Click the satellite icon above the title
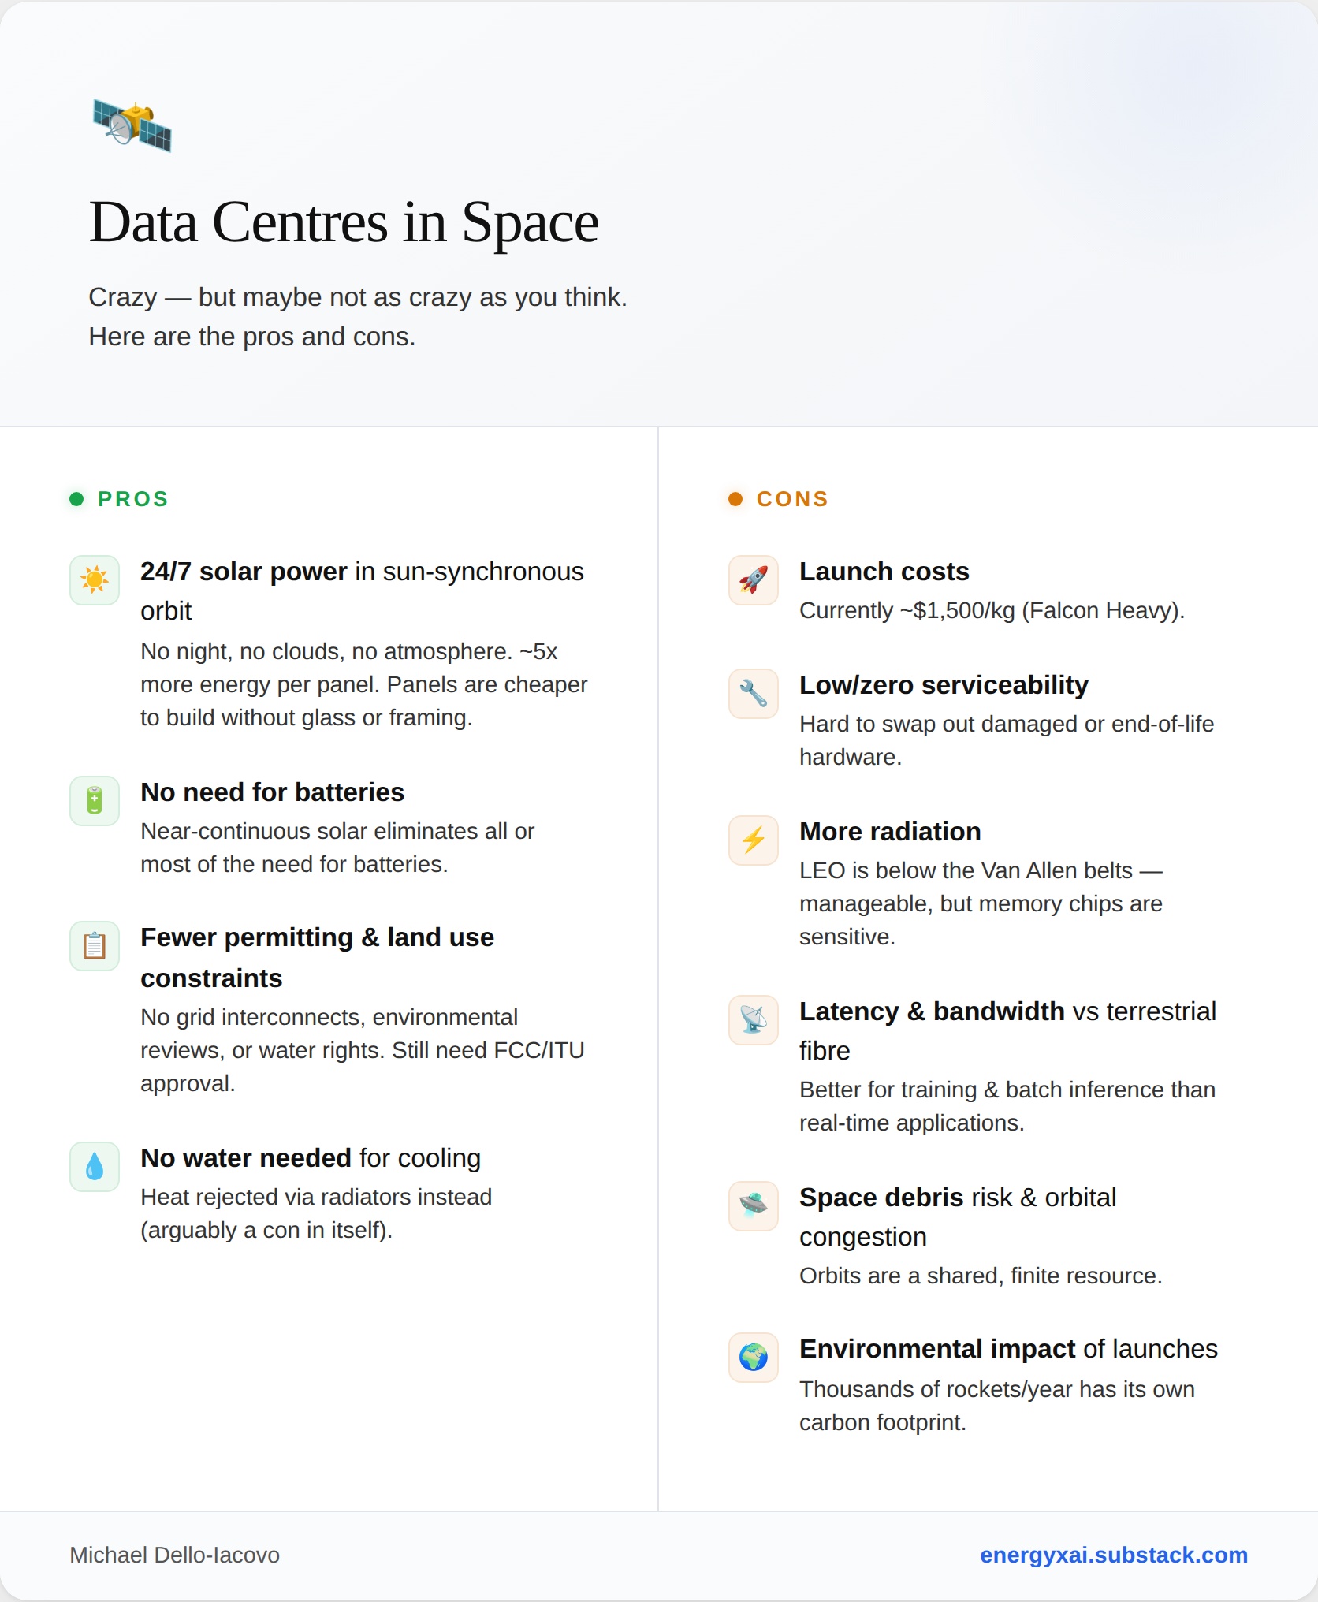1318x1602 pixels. pos(132,125)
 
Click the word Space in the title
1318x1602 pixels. pos(530,222)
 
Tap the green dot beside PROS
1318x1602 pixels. pos(76,499)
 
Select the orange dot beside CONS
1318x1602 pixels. pos(735,499)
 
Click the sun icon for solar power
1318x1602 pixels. pos(95,580)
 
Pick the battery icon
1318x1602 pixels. pos(95,801)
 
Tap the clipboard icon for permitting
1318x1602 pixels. pos(95,946)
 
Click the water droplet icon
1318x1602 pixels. pos(95,1167)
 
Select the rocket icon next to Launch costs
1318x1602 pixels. pos(754,580)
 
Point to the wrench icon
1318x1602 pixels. pos(754,694)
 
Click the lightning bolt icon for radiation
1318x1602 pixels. pos(754,840)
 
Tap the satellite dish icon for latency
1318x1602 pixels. pos(754,1020)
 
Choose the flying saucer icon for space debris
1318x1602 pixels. pos(754,1206)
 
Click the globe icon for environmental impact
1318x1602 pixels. pos(754,1358)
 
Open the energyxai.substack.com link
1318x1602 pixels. pos(1113,1555)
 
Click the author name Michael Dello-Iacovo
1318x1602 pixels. pos(175,1555)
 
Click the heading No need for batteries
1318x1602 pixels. pos(272,792)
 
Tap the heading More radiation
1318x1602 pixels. pos(890,832)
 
